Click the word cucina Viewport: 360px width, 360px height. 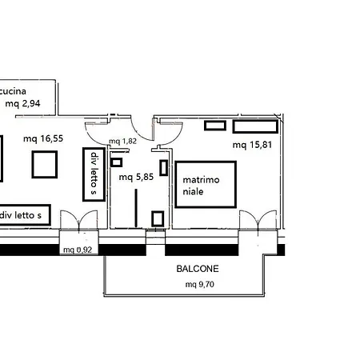(x=13, y=91)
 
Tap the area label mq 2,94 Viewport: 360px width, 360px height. (x=23, y=103)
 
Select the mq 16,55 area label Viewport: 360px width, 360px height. (x=43, y=138)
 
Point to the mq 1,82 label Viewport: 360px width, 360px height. (x=122, y=142)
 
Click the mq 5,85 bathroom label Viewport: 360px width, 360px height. (x=136, y=177)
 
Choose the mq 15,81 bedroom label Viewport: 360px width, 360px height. (x=252, y=145)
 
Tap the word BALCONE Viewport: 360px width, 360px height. (x=198, y=269)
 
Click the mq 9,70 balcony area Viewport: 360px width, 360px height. (x=200, y=285)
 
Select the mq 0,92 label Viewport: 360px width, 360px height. (x=78, y=250)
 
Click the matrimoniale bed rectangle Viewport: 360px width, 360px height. (x=206, y=162)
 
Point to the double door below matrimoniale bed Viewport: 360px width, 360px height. (x=258, y=220)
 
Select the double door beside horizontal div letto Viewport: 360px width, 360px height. (x=79, y=220)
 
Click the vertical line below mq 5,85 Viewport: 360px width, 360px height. (x=136, y=208)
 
